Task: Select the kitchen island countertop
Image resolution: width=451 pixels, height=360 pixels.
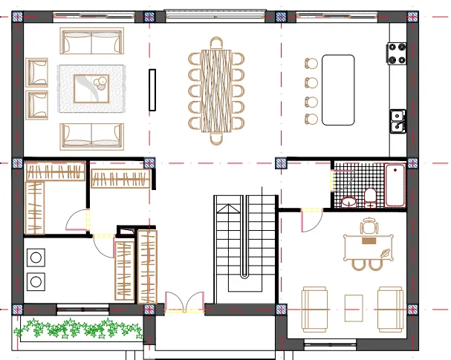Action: (x=339, y=89)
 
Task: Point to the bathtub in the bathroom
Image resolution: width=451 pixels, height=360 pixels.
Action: (x=395, y=186)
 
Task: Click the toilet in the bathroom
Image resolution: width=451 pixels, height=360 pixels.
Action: (x=369, y=197)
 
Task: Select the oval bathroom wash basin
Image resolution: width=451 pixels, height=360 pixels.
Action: (x=348, y=201)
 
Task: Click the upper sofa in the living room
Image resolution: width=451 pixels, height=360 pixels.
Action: (x=91, y=43)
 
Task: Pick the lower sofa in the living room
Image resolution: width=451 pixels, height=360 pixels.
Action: (x=91, y=134)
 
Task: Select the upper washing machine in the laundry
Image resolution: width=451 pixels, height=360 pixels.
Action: (x=35, y=258)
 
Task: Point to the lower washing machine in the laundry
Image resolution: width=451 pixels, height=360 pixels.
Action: (x=35, y=281)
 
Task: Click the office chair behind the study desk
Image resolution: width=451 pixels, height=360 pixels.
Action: (x=369, y=226)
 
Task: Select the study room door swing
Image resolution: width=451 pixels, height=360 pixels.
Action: (x=310, y=219)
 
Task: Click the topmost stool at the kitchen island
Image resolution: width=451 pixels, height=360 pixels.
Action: (x=311, y=64)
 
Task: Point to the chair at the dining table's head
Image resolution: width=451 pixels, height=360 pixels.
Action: (x=216, y=43)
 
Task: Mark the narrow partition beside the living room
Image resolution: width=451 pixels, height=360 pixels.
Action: (x=152, y=90)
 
